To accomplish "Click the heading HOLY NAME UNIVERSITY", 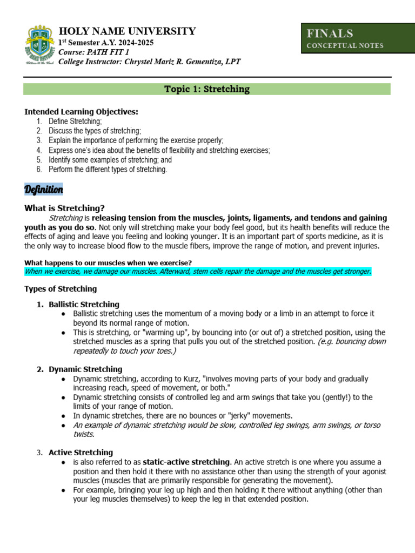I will coord(127,31).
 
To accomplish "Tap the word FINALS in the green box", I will coord(330,33).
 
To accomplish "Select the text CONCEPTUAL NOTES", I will coord(345,46).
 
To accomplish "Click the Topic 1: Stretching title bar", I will coord(207,89).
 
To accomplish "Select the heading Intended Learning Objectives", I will coord(81,112).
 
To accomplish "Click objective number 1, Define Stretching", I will coord(75,122).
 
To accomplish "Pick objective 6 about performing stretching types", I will coord(108,170).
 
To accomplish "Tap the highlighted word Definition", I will coord(44,190).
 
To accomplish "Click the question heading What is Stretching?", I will coord(64,208).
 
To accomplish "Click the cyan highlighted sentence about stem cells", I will coord(198,271).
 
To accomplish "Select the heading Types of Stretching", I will coord(61,289).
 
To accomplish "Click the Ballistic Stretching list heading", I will coord(84,305).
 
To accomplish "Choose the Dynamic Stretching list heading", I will coord(85,369).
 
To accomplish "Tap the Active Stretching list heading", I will coord(81,453).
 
